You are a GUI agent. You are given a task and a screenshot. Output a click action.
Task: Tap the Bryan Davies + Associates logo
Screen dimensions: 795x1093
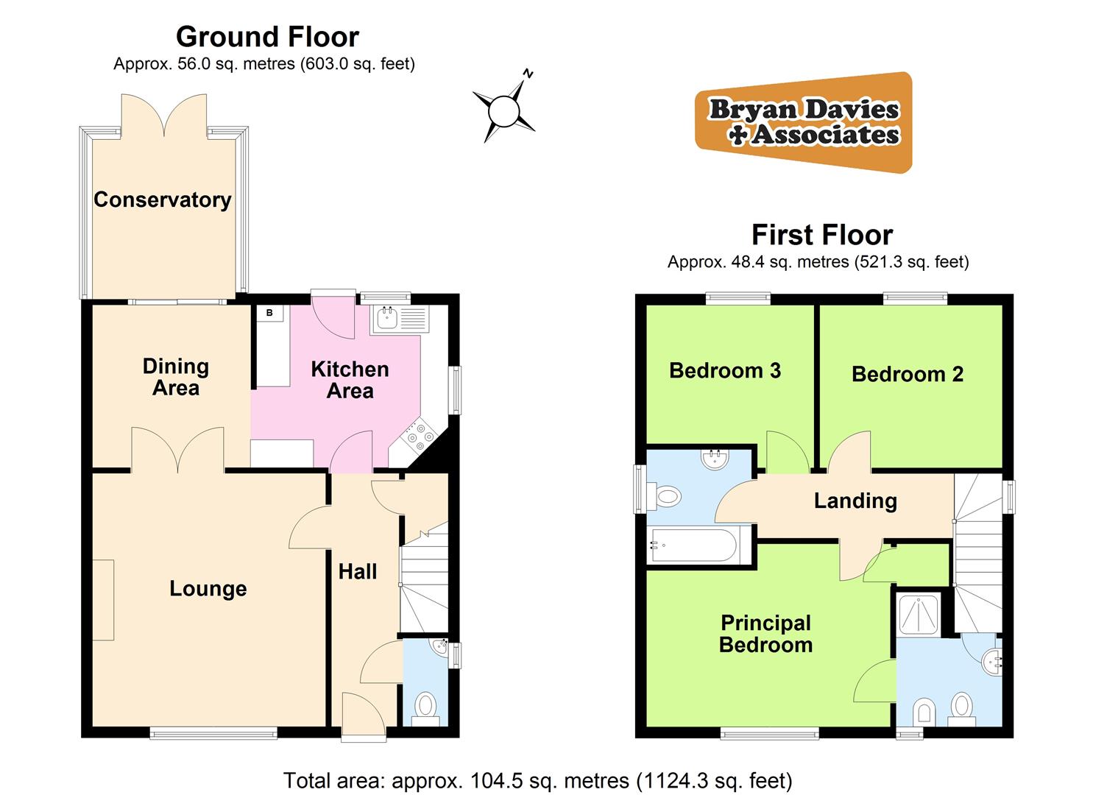pyautogui.click(x=804, y=122)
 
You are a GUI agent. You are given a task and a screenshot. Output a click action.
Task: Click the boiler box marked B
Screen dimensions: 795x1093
pyautogui.click(x=269, y=313)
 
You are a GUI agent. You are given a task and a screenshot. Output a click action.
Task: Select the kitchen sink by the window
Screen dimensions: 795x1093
pyautogui.click(x=387, y=318)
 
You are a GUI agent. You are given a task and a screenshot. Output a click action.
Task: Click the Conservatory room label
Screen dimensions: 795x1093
pyautogui.click(x=163, y=199)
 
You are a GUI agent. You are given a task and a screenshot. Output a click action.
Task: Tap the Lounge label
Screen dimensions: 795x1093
pyautogui.click(x=208, y=589)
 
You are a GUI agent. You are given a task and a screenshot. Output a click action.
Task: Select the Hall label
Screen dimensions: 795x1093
pyautogui.click(x=358, y=571)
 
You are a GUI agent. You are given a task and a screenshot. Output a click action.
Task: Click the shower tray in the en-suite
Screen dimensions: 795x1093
pyautogui.click(x=919, y=615)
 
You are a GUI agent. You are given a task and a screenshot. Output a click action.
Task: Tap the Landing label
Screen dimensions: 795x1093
pyautogui.click(x=855, y=501)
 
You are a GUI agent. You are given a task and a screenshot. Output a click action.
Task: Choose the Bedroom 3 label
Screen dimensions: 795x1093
pyautogui.click(x=725, y=370)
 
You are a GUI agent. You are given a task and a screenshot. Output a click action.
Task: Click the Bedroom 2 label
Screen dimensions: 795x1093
pyautogui.click(x=907, y=374)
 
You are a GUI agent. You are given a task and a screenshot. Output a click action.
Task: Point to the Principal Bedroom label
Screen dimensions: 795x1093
pyautogui.click(x=765, y=634)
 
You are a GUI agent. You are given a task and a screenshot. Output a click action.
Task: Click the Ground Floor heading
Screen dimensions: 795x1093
pyautogui.click(x=267, y=37)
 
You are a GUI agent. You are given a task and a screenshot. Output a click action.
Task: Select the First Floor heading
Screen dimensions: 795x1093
pyautogui.click(x=821, y=235)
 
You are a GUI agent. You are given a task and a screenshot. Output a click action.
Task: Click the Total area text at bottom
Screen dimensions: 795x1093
pyautogui.click(x=537, y=780)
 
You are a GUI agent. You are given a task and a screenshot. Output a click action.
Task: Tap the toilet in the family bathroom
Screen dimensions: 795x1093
pyautogui.click(x=666, y=497)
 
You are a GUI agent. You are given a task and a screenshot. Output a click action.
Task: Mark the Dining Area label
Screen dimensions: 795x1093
pyautogui.click(x=176, y=377)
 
